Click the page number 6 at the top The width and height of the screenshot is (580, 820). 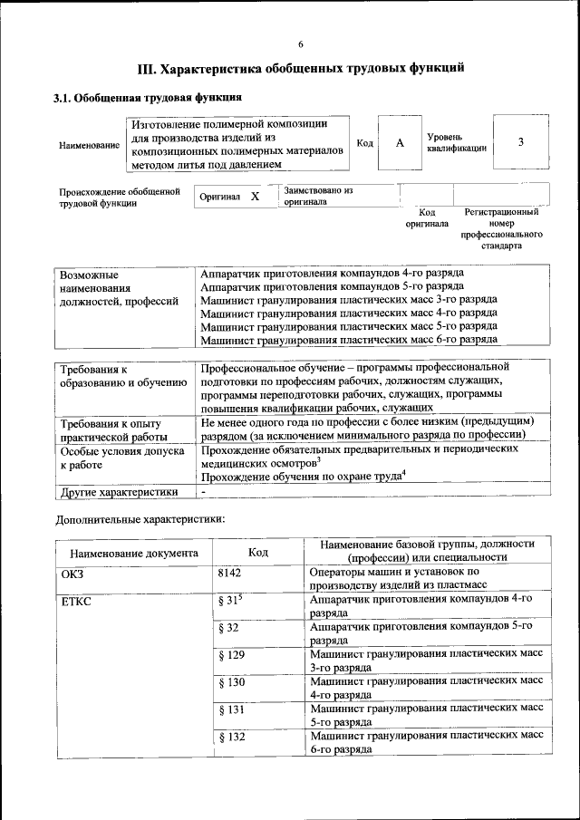click(x=301, y=44)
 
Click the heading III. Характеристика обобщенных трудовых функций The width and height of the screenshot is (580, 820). click(x=301, y=68)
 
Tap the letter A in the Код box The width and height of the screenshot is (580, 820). click(x=399, y=143)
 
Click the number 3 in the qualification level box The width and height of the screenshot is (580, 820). click(x=520, y=142)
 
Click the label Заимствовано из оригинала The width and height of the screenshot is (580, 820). click(x=318, y=197)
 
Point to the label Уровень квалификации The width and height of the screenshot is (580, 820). click(x=457, y=142)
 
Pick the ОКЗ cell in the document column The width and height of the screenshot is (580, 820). click(x=72, y=574)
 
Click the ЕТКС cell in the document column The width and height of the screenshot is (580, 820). click(x=77, y=600)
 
